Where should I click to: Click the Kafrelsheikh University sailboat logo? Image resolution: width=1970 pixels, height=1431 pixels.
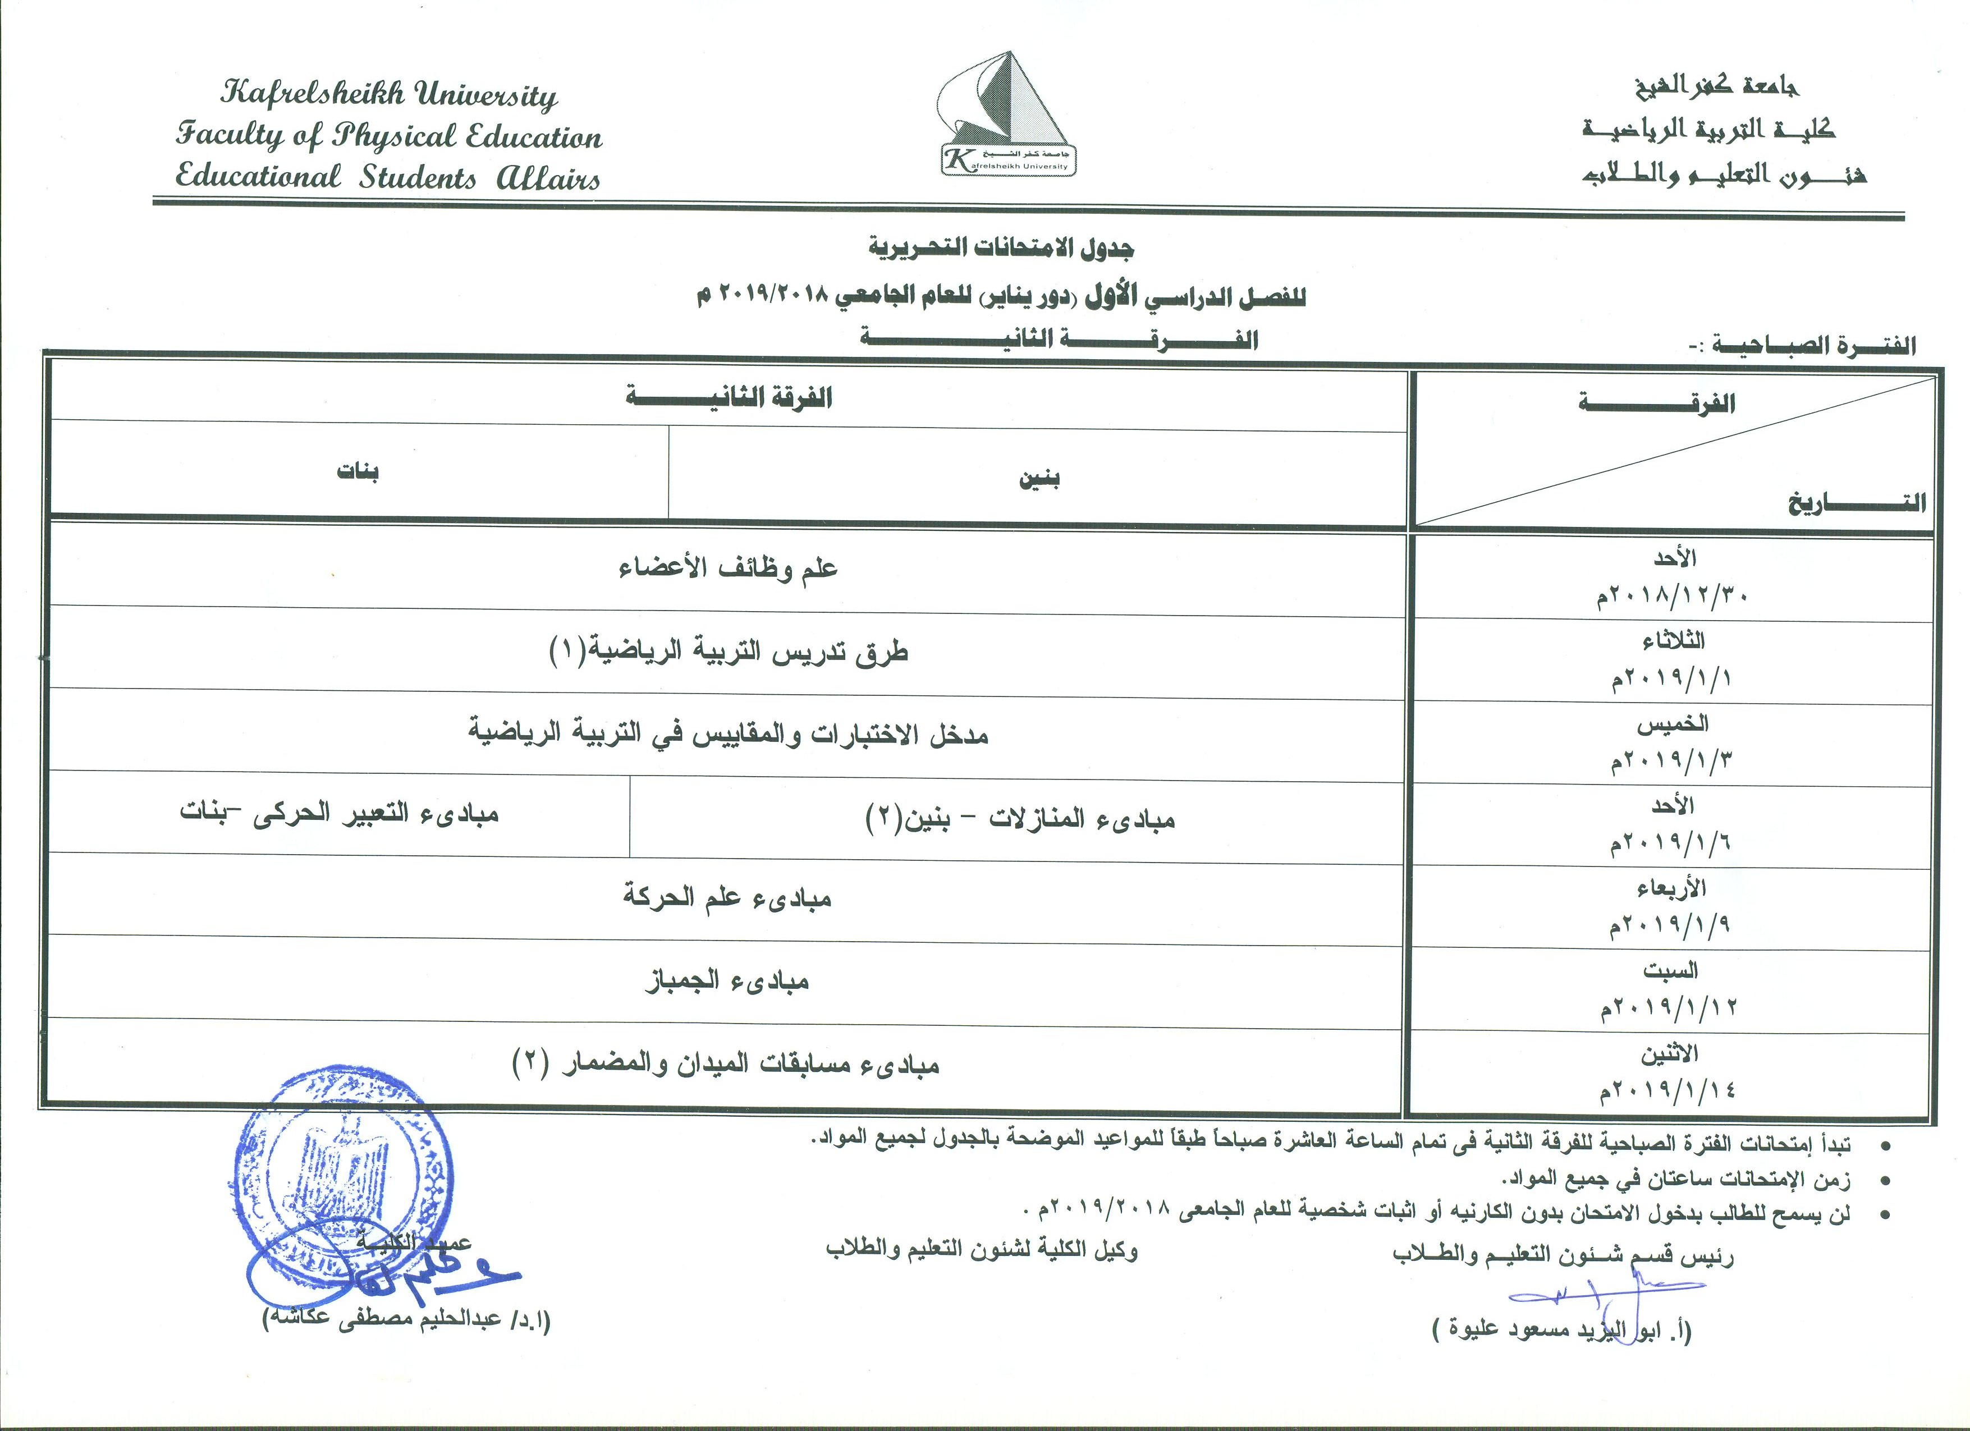point(1007,113)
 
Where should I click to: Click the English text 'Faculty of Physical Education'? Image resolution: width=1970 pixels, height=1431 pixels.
point(388,135)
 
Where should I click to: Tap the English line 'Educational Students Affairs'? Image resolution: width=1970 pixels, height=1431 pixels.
point(387,177)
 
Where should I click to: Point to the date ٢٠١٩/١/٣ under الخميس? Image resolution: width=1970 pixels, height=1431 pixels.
point(1671,760)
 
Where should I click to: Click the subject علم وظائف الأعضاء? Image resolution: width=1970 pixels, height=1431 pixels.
point(728,570)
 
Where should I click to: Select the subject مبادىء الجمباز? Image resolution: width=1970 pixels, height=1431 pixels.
point(728,981)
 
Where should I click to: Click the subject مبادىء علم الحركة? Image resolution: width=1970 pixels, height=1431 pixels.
point(728,897)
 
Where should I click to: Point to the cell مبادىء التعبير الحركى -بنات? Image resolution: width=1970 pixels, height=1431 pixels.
point(340,814)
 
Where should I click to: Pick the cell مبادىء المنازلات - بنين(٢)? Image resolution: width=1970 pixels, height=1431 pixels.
point(1020,819)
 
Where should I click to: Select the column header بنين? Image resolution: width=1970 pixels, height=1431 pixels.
point(1039,479)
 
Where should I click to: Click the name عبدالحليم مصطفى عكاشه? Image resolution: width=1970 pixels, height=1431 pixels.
point(408,1320)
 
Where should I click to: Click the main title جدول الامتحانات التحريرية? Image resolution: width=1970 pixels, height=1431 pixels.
point(1001,249)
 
